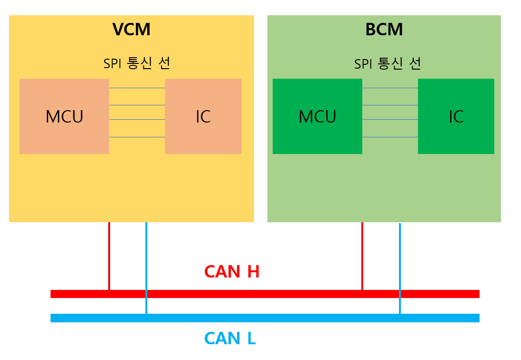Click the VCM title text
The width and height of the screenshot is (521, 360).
[x=132, y=30]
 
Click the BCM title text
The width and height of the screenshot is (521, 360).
[x=384, y=30]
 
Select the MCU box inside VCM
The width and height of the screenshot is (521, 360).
[x=64, y=116]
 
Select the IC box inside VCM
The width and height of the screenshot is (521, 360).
[x=203, y=116]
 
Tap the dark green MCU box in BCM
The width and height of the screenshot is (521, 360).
[x=317, y=116]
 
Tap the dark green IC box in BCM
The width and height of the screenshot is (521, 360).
[x=456, y=116]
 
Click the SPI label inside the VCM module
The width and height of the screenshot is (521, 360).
[x=137, y=63]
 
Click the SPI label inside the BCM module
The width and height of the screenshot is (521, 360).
[x=388, y=63]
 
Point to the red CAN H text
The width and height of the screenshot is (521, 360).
[x=232, y=272]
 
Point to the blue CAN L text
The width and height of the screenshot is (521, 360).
[x=230, y=339]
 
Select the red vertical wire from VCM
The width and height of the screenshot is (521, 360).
[x=109, y=255]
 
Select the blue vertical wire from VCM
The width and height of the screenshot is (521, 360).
[x=146, y=267]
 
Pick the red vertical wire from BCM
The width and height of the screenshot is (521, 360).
[x=362, y=255]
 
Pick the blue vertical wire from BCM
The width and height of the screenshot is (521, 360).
[x=400, y=267]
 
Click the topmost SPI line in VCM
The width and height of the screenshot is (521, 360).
[x=137, y=88]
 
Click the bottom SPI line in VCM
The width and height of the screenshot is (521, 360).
[x=137, y=137]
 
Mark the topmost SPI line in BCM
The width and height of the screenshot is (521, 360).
[x=390, y=88]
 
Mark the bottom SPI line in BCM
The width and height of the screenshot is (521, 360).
[x=390, y=137]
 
